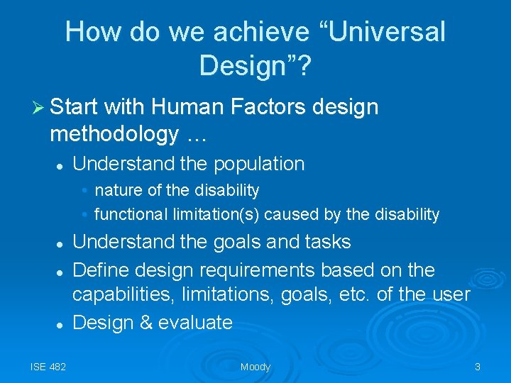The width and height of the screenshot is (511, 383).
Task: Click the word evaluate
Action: (x=195, y=323)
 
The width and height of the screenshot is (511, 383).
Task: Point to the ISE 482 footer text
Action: (x=48, y=367)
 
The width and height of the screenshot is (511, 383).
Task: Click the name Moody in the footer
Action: (x=255, y=367)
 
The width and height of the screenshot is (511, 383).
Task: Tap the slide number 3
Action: (x=478, y=367)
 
